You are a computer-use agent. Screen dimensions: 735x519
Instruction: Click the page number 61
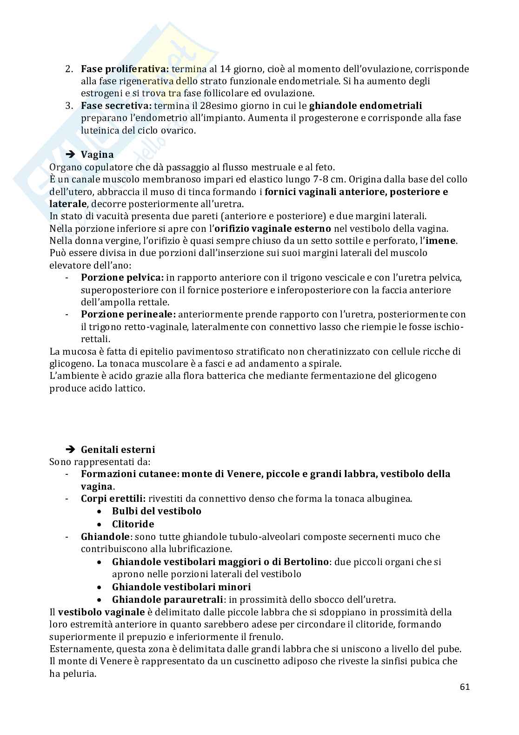pyautogui.click(x=464, y=687)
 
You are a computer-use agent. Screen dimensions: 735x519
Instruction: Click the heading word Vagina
pyautogui.click(x=97, y=154)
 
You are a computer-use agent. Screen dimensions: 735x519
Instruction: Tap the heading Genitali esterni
pyautogui.click(x=118, y=449)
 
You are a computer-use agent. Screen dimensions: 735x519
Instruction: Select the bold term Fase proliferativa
pyautogui.click(x=126, y=69)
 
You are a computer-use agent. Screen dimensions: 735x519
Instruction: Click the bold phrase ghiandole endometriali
pyautogui.click(x=365, y=106)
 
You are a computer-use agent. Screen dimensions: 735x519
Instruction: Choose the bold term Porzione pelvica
pyautogui.click(x=122, y=277)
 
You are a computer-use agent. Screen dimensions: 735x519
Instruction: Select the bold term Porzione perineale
pyautogui.click(x=128, y=314)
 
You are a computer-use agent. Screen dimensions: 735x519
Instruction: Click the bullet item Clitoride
pyautogui.click(x=133, y=524)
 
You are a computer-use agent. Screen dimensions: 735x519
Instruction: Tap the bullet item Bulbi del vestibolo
pyautogui.click(x=156, y=511)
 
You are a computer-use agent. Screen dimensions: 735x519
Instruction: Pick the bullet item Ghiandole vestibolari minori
pyautogui.click(x=181, y=587)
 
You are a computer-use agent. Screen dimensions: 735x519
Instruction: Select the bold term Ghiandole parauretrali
pyautogui.click(x=167, y=600)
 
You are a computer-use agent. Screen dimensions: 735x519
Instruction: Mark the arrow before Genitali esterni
pyautogui.click(x=70, y=449)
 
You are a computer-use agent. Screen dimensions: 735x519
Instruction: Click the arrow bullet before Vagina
pyautogui.click(x=70, y=154)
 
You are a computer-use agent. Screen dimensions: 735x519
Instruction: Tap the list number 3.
pyautogui.click(x=69, y=106)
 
